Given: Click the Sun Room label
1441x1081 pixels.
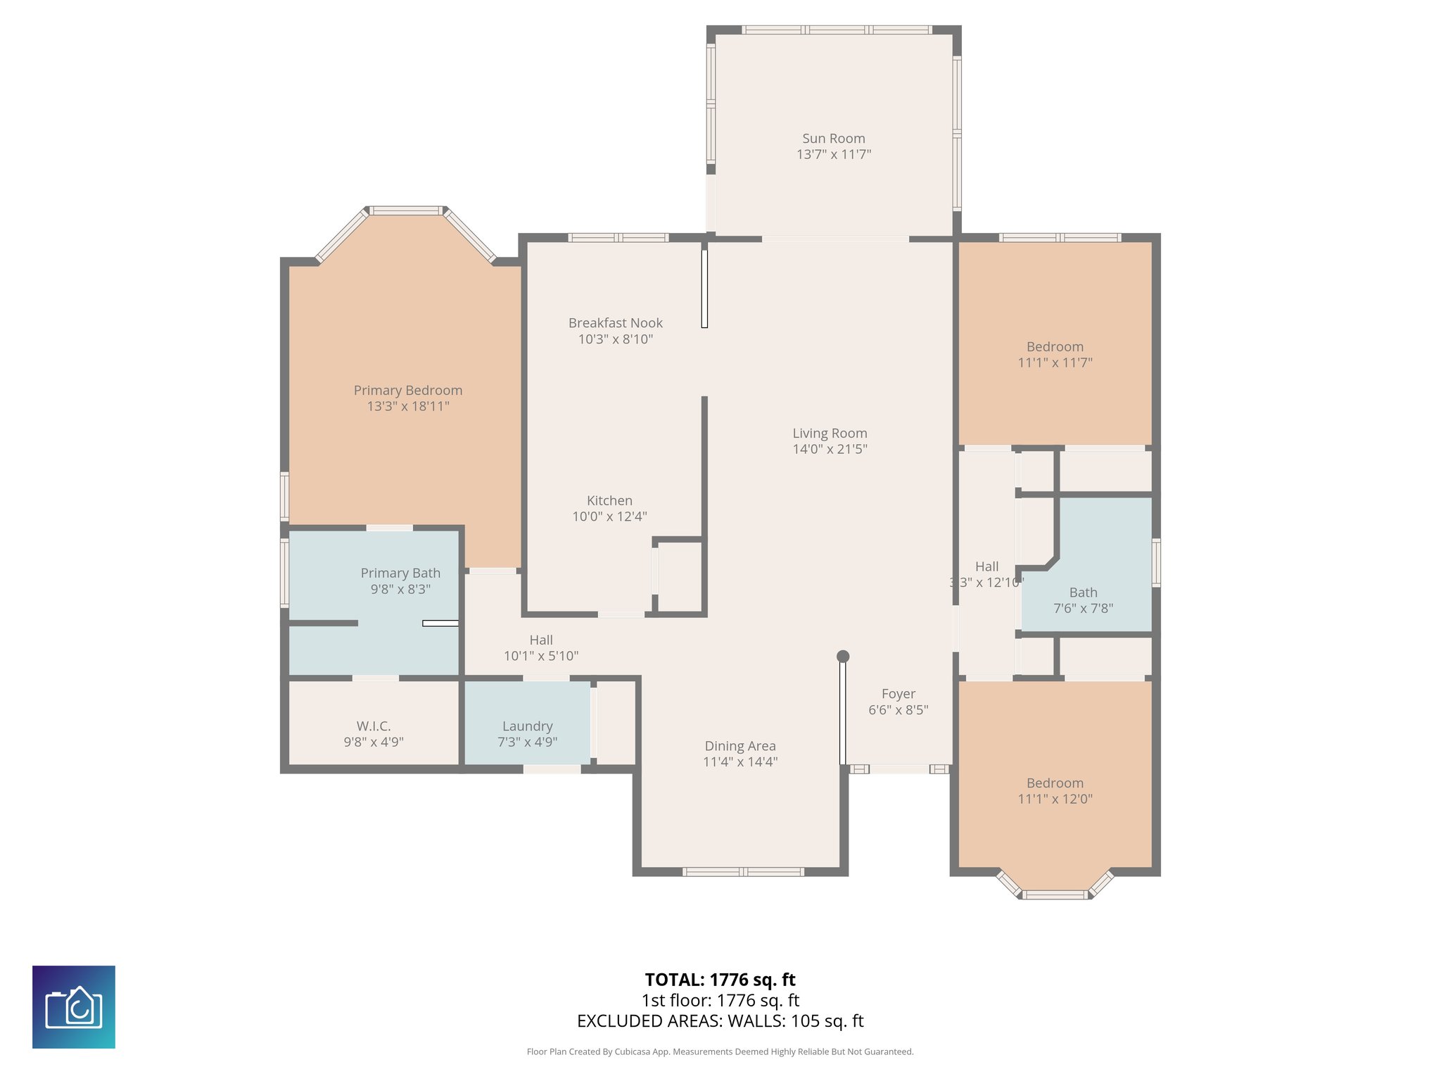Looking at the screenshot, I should pyautogui.click(x=834, y=139).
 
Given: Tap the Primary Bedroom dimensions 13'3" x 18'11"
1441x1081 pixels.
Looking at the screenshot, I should pyautogui.click(x=408, y=406).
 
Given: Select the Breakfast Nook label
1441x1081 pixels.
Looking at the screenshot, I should pyautogui.click(x=616, y=323).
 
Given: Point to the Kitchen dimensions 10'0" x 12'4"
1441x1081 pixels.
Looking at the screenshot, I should pyautogui.click(x=609, y=517).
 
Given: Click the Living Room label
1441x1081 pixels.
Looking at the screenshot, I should pyautogui.click(x=830, y=434).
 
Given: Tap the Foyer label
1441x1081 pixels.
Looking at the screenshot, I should pyautogui.click(x=899, y=694).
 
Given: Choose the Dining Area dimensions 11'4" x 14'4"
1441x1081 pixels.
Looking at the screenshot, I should pyautogui.click(x=740, y=761).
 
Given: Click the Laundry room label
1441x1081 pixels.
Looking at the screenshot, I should pyautogui.click(x=527, y=726).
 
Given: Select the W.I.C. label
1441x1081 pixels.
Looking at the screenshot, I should pyautogui.click(x=374, y=726).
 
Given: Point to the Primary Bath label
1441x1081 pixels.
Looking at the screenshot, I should pyautogui.click(x=400, y=574).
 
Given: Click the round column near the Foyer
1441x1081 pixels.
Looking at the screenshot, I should pyautogui.click(x=843, y=657).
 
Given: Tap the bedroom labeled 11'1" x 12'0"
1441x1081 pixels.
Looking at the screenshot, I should pyautogui.click(x=1055, y=791).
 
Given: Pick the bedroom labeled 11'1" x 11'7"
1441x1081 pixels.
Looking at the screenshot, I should pyautogui.click(x=1055, y=355).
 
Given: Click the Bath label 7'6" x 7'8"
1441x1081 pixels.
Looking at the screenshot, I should pyautogui.click(x=1083, y=600).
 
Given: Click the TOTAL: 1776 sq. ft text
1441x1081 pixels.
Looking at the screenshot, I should pyautogui.click(x=720, y=980).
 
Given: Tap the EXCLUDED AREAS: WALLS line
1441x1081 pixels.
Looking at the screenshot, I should pyautogui.click(x=720, y=1021).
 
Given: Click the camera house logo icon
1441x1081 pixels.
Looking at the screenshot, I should pyautogui.click(x=74, y=1007).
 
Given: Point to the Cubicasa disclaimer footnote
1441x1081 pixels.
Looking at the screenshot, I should pyautogui.click(x=720, y=1052).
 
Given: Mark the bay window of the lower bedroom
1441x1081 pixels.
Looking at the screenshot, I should pyautogui.click(x=1054, y=894).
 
